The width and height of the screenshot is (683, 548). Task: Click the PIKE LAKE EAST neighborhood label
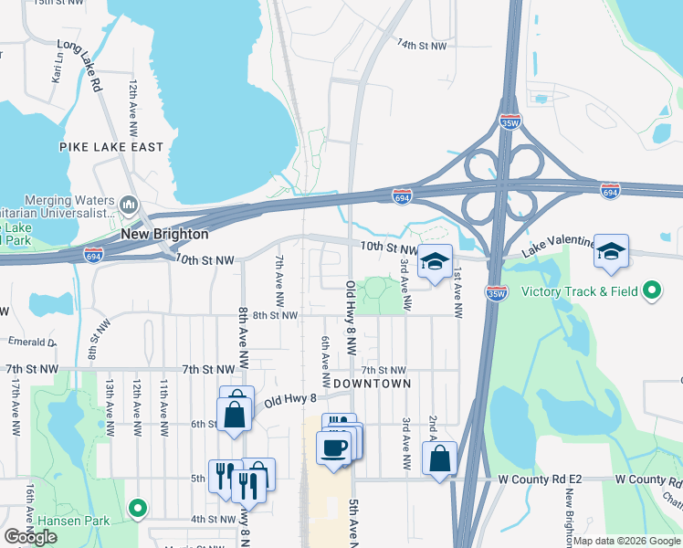pyautogui.click(x=111, y=147)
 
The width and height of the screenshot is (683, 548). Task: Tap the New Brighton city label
pyautogui.click(x=165, y=235)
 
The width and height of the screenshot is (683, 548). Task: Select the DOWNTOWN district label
pyautogui.click(x=372, y=384)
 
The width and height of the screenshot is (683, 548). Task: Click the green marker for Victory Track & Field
pyautogui.click(x=651, y=292)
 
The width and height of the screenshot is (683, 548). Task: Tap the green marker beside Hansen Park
pyautogui.click(x=138, y=507)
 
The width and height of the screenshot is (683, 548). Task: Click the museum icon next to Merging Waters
pyautogui.click(x=129, y=202)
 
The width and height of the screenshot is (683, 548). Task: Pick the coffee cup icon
pyautogui.click(x=332, y=448)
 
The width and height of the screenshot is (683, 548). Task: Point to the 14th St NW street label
pyautogui.click(x=422, y=45)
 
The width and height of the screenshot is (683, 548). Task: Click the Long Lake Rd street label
pyautogui.click(x=79, y=65)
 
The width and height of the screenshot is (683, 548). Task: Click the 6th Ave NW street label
pyautogui.click(x=325, y=360)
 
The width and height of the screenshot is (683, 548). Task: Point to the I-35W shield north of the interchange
pyautogui.click(x=510, y=121)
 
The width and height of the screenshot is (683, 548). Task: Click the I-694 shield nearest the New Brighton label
pyautogui.click(x=93, y=253)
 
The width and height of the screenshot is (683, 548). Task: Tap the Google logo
pyautogui.click(x=31, y=537)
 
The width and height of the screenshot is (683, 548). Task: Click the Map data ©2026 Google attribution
pyautogui.click(x=626, y=541)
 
